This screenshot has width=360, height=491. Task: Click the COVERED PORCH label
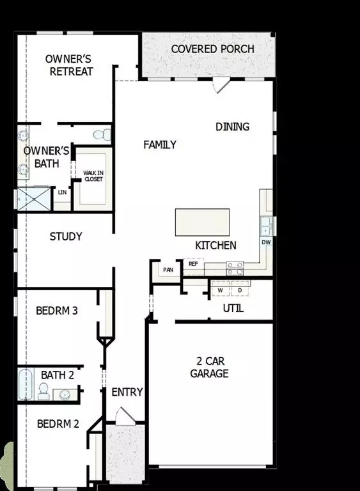[x=212, y=49]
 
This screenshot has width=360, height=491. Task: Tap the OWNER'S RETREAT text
[x=69, y=65]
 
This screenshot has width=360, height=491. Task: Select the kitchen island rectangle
[x=202, y=222]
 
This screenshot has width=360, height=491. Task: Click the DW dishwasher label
[x=266, y=243]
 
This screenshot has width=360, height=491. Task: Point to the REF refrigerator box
[x=192, y=263]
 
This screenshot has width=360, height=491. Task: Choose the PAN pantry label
[x=168, y=270]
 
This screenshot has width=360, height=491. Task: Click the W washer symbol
[x=220, y=290]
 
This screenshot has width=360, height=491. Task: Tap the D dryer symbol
[x=240, y=290]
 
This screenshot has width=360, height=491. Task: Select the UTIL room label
[x=233, y=309]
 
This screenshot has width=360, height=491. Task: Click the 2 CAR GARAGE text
[x=209, y=366]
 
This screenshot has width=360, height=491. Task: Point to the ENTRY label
[x=127, y=392]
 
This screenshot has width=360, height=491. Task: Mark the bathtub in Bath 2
[x=26, y=384]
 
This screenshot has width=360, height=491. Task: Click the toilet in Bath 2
[x=44, y=391]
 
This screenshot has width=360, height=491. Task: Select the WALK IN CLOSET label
[x=93, y=176]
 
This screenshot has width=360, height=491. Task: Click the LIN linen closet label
[x=62, y=192]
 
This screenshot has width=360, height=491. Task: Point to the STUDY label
[x=66, y=237]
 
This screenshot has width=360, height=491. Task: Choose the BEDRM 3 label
[x=57, y=311]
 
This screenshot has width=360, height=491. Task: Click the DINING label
[x=232, y=127]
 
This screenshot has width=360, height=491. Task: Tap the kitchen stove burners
[x=235, y=267]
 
